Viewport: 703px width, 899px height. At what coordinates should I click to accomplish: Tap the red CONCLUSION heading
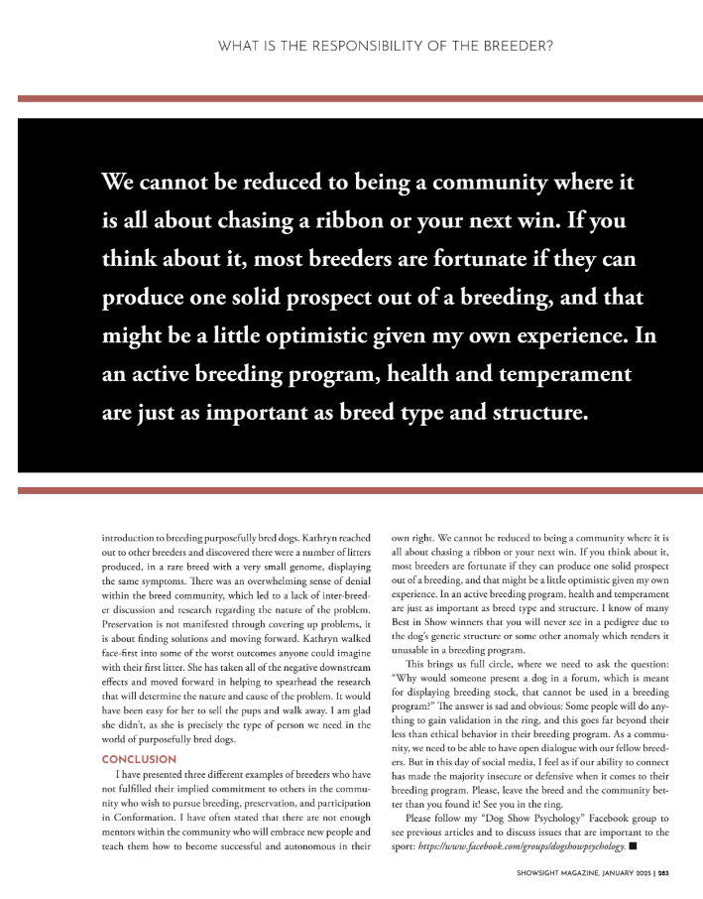coord(139,759)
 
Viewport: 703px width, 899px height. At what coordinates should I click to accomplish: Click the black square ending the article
coord(633,847)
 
